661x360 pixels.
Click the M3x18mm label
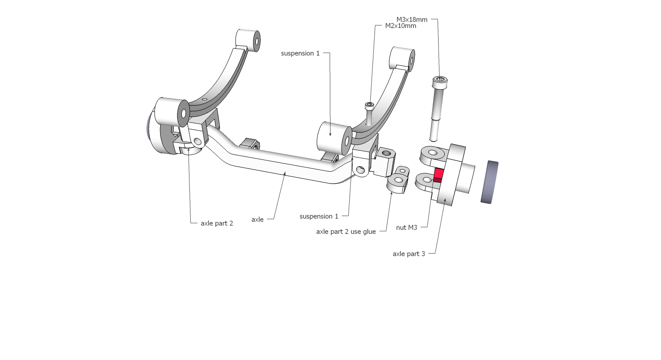coord(411,20)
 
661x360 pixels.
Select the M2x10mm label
coord(400,26)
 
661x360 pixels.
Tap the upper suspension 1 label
coord(300,53)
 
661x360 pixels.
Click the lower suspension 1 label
coord(319,216)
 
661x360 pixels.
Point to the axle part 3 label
coord(408,254)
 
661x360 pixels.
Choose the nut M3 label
coord(406,228)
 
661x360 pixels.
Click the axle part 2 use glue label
coord(346,232)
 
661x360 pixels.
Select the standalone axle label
coord(257,220)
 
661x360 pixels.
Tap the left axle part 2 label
coord(217,223)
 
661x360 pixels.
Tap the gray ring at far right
coord(489,182)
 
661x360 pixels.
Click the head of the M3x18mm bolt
coord(439,81)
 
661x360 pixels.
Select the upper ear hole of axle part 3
coord(433,152)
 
